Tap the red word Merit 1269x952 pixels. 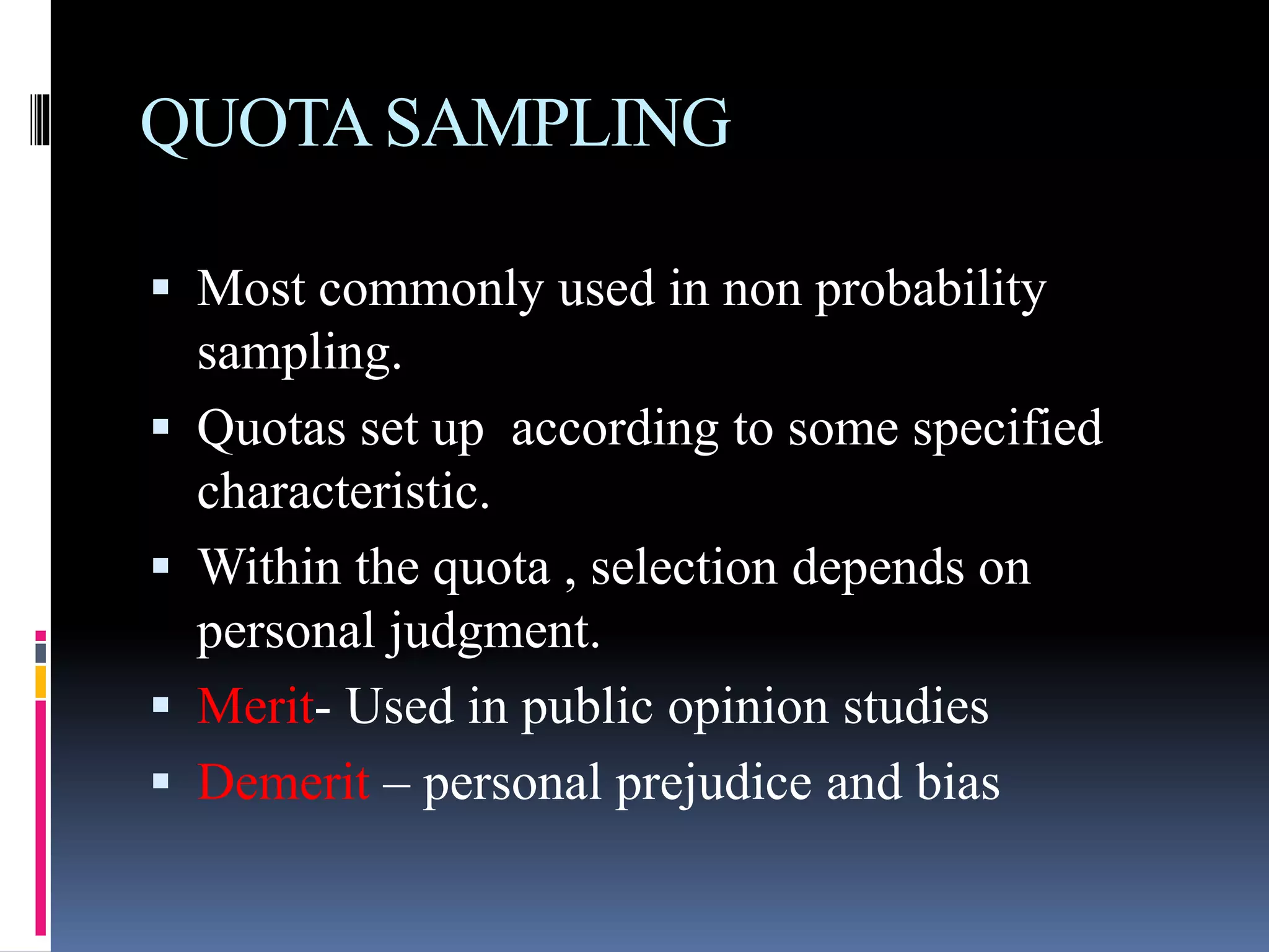(x=255, y=707)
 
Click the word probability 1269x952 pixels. (x=930, y=290)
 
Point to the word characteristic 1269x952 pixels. (x=343, y=491)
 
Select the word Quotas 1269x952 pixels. (x=271, y=429)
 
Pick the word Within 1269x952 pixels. (x=269, y=568)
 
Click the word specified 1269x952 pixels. (x=1008, y=429)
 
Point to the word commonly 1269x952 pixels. (x=431, y=290)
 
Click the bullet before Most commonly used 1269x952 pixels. (x=160, y=287)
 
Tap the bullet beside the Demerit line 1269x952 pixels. (x=160, y=781)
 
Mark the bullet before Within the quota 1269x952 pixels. (x=160, y=565)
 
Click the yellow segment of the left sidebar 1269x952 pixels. (x=40, y=682)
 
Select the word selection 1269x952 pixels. (x=683, y=568)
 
